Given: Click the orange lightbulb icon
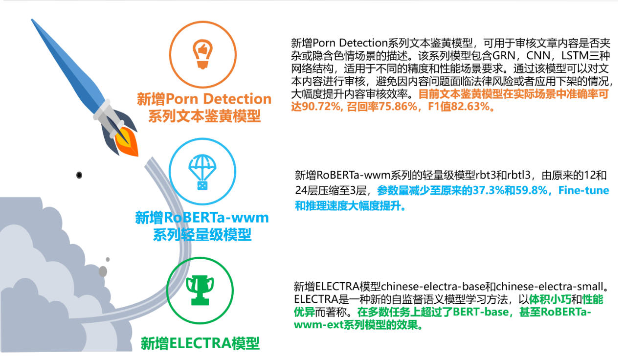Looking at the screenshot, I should tap(202, 54).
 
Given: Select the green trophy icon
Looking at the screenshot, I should tap(200, 290).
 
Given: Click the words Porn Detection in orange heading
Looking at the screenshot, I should tap(219, 99).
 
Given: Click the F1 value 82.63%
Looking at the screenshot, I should tap(468, 107).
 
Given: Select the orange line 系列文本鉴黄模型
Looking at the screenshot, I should tap(204, 116).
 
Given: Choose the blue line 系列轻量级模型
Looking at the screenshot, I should tap(202, 235).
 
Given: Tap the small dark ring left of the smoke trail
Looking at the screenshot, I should tap(79, 175).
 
